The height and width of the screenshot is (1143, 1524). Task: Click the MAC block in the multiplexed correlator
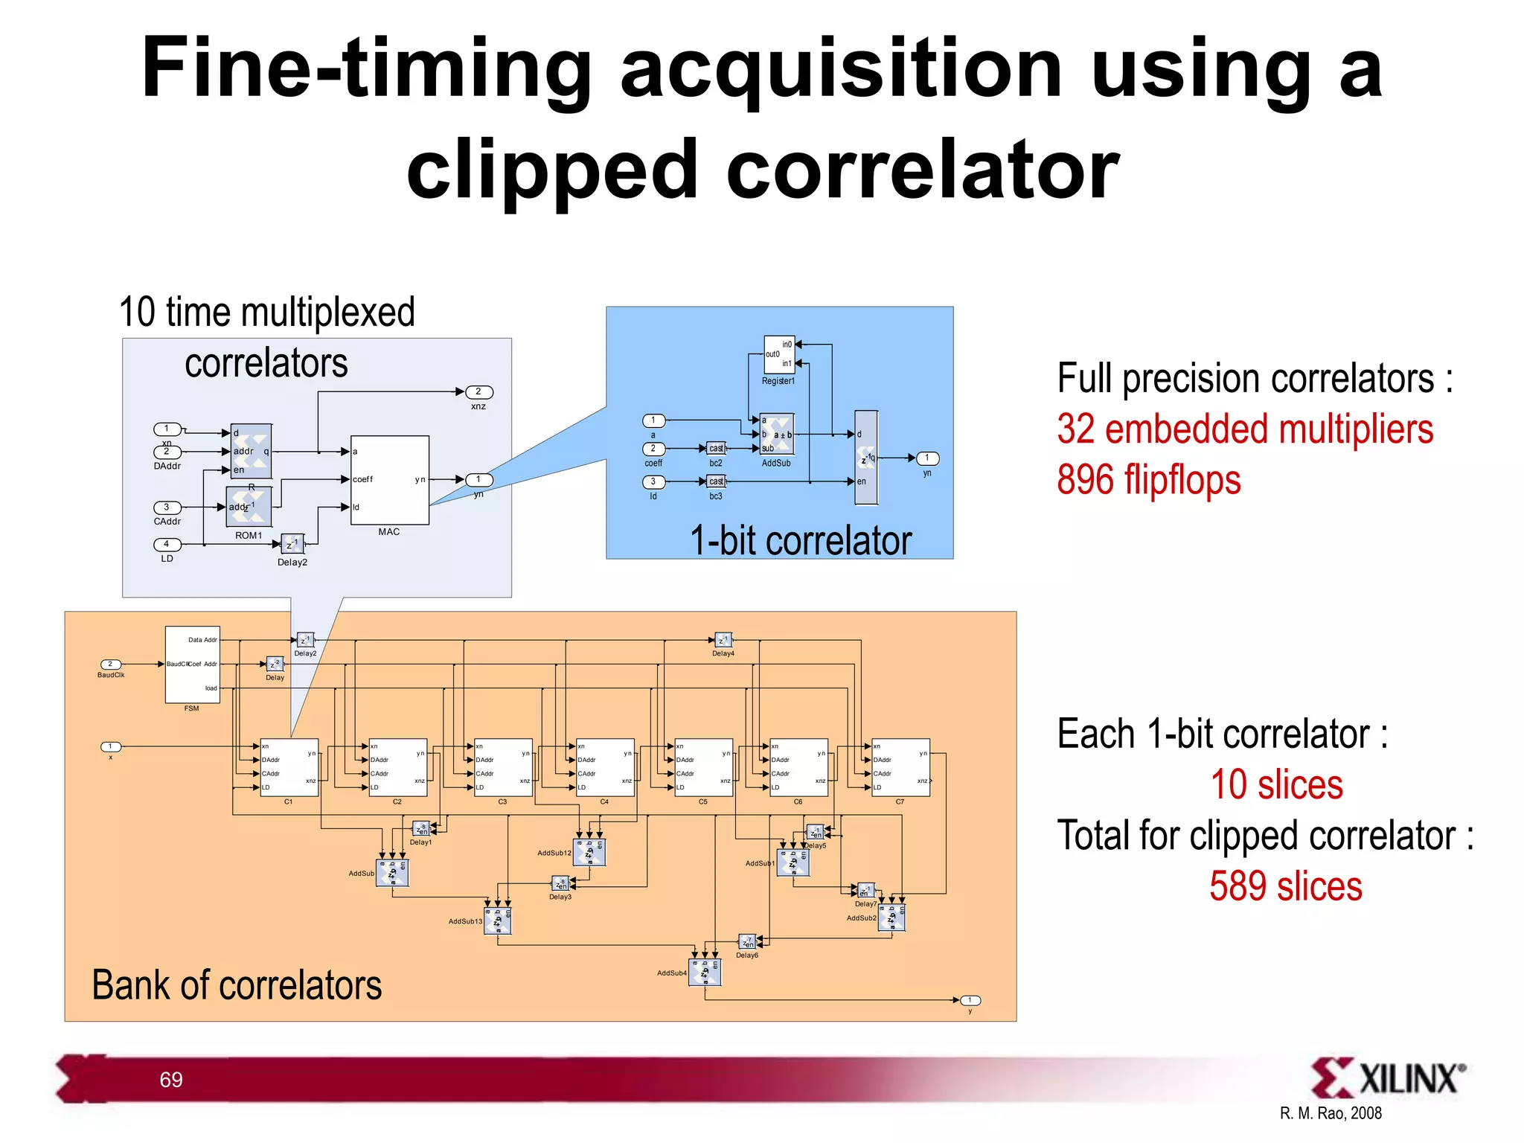pyautogui.click(x=389, y=480)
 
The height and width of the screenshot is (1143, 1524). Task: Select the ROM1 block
pyautogui.click(x=249, y=507)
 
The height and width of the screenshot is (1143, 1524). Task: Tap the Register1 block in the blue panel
pyautogui.click(x=779, y=355)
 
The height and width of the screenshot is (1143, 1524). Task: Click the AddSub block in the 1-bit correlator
pyautogui.click(x=777, y=435)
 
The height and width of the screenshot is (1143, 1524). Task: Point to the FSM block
pyautogui.click(x=192, y=664)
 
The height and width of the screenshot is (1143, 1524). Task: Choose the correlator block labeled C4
pyautogui.click(x=605, y=767)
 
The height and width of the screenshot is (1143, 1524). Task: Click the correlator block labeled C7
pyautogui.click(x=900, y=767)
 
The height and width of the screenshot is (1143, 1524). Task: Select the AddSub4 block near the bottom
pyautogui.click(x=705, y=972)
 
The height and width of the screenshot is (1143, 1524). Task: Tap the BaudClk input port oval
pyautogui.click(x=111, y=665)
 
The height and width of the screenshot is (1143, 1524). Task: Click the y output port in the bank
pyautogui.click(x=970, y=1001)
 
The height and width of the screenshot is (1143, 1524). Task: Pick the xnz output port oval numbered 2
pyautogui.click(x=478, y=392)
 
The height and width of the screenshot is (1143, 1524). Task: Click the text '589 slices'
pyautogui.click(x=1285, y=887)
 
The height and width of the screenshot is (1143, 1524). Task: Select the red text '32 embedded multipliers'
pyautogui.click(x=1245, y=429)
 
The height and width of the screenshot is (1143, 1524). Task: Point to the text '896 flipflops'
pyautogui.click(x=1148, y=480)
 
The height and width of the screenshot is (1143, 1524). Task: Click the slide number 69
pyautogui.click(x=171, y=1080)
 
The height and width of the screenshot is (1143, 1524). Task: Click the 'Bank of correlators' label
pyautogui.click(x=237, y=985)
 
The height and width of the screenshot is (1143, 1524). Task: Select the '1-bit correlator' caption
pyautogui.click(x=800, y=540)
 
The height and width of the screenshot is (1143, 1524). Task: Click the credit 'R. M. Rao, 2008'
pyautogui.click(x=1330, y=1113)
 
